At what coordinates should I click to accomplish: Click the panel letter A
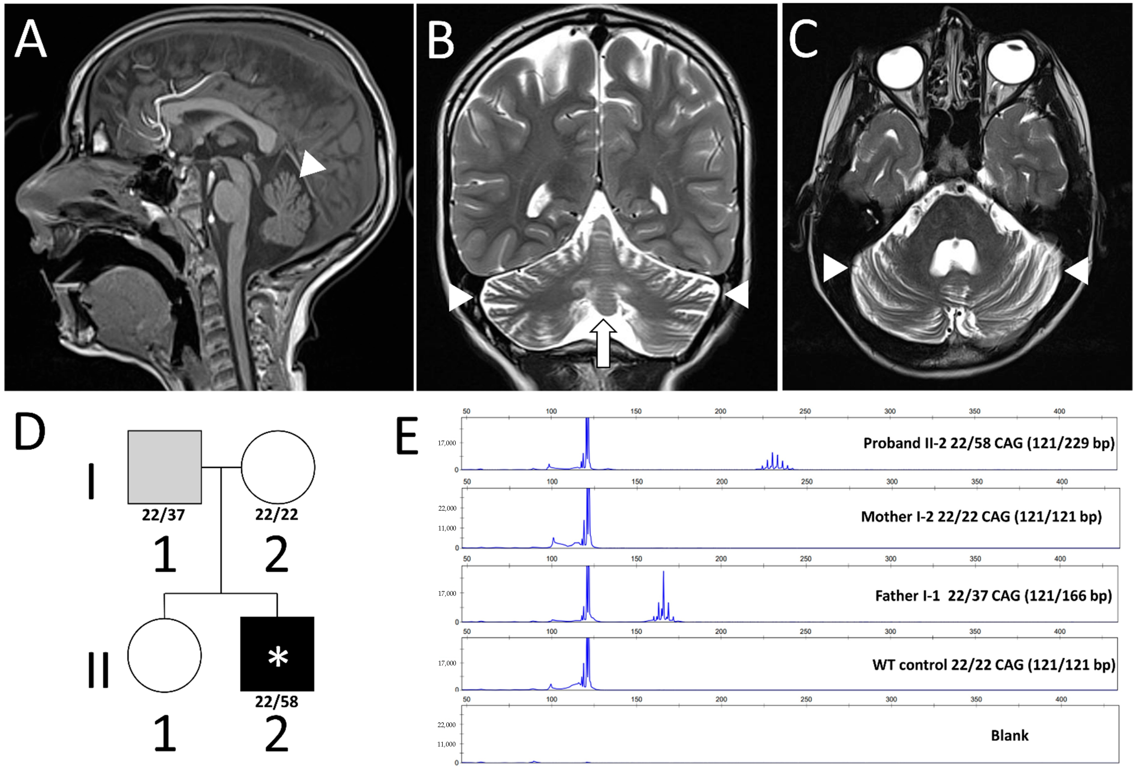coord(30,40)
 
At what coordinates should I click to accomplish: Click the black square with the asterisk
coord(277,654)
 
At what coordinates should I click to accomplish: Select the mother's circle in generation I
coord(277,467)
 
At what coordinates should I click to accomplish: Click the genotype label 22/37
coord(163,515)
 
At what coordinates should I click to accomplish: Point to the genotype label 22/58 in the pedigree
coord(276,702)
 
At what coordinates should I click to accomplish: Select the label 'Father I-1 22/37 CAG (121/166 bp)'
coord(993,595)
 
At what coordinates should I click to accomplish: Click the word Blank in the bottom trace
coord(1009,735)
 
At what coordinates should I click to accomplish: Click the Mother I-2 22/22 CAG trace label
coord(981,517)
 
